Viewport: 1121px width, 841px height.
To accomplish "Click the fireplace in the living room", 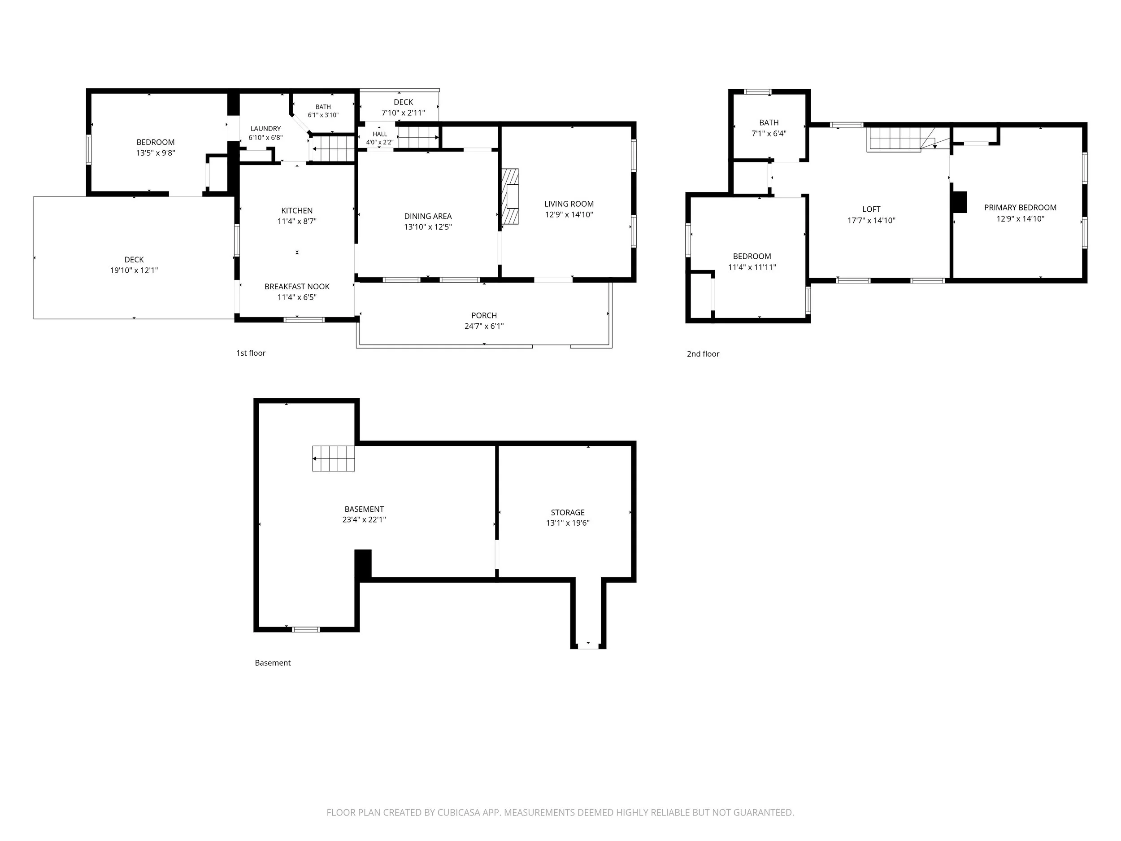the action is click(x=511, y=197).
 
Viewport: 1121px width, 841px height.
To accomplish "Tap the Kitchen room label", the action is click(x=297, y=210).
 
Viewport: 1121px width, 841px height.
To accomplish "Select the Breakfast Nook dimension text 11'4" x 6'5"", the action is click(x=297, y=297).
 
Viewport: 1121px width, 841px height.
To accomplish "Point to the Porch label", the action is click(x=484, y=315).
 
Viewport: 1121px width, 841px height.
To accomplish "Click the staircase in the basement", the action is click(x=333, y=458).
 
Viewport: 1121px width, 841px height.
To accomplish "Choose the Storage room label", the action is click(x=568, y=513).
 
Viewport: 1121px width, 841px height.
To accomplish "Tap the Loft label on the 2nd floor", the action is click(x=871, y=209).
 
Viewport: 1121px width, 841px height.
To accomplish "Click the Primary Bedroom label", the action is click(x=1020, y=207).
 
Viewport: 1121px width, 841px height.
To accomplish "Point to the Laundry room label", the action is click(x=265, y=129).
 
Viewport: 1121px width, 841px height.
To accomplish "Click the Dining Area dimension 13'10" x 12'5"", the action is click(x=428, y=227).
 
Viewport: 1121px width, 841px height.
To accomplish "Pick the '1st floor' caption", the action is click(x=251, y=353).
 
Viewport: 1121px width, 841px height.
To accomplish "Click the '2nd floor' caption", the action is click(x=703, y=354).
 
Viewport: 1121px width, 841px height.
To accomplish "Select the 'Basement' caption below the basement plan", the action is click(x=273, y=662).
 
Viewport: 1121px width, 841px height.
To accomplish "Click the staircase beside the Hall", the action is click(x=418, y=137).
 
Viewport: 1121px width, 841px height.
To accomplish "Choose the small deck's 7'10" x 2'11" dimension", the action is click(x=404, y=113).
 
